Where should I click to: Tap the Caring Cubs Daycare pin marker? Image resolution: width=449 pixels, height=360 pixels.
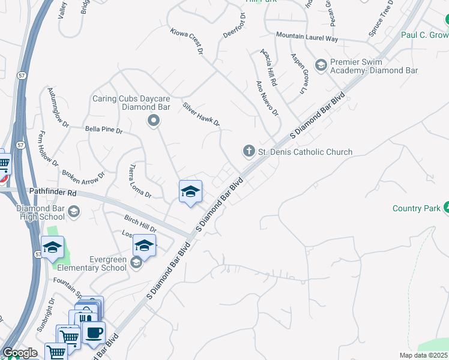click(154, 121)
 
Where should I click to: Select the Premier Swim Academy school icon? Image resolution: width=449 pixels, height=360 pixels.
click(321, 64)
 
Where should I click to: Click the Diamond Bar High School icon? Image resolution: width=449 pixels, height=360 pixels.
click(74, 211)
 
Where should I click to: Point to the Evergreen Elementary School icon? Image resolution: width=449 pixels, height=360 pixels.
click(136, 262)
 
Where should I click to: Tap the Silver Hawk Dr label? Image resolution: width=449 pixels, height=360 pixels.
click(202, 115)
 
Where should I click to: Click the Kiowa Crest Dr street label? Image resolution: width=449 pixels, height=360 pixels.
click(187, 41)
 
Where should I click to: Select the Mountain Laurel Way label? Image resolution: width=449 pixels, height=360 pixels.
click(307, 37)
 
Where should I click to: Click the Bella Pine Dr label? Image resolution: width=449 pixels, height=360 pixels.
click(103, 129)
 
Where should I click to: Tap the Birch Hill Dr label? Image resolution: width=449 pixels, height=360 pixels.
click(140, 224)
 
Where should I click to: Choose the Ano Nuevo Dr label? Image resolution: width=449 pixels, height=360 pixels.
click(267, 98)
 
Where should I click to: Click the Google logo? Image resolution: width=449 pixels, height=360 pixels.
click(20, 353)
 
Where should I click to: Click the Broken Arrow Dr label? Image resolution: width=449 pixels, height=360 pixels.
click(83, 176)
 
